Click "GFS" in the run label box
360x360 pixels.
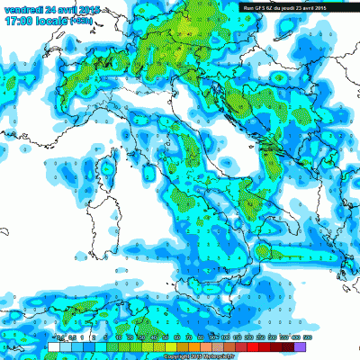[263, 7]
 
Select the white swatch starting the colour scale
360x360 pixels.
[54, 346]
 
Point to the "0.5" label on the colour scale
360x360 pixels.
[60, 337]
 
